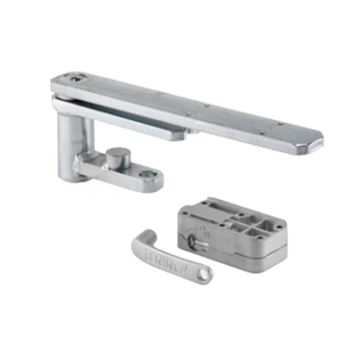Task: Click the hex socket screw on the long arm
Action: pos(74,80)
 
